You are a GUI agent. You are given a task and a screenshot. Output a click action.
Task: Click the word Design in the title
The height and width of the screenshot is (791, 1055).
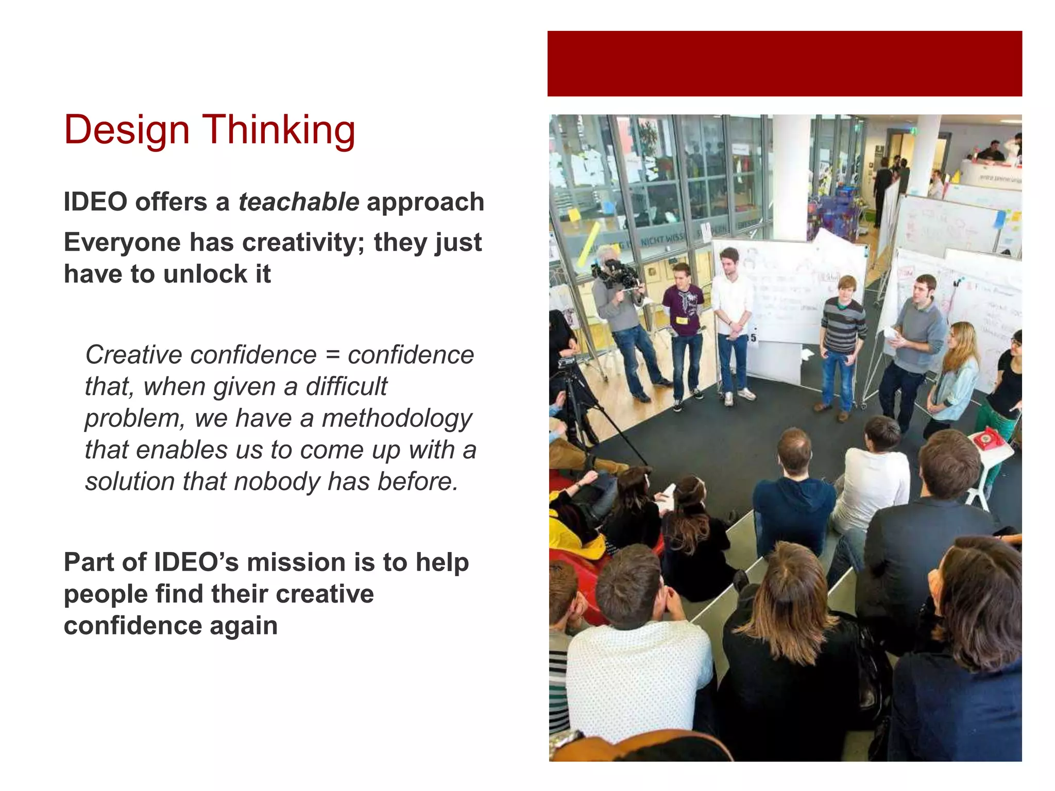[127, 130]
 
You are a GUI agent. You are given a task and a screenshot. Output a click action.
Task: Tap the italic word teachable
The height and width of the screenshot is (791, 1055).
[299, 202]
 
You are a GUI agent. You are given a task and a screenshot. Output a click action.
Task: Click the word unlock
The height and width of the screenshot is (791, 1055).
[206, 274]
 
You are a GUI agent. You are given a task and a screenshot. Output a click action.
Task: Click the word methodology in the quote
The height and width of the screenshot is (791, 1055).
[397, 418]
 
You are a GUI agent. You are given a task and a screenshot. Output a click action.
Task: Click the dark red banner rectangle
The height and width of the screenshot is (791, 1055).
[784, 63]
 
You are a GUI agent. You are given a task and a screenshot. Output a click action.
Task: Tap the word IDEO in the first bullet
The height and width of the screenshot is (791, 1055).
[95, 202]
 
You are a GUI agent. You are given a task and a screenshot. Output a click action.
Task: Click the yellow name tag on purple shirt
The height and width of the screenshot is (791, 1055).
[682, 320]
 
